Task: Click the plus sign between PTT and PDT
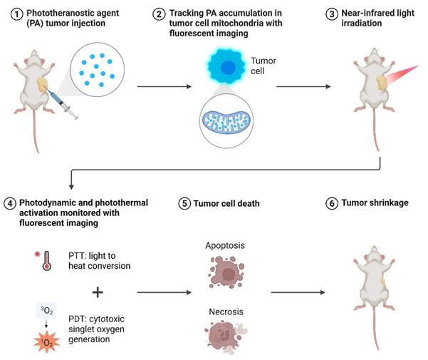[x=98, y=292]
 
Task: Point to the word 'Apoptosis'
[x=224, y=245]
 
